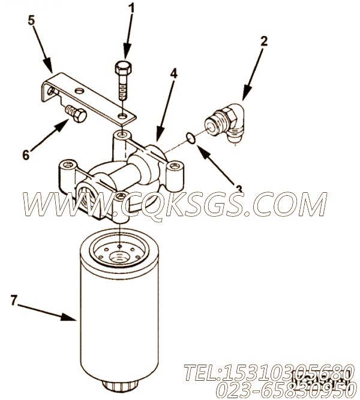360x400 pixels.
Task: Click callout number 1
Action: tap(131, 8)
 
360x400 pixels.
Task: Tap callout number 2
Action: tap(263, 41)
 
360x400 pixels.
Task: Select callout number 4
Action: tap(173, 73)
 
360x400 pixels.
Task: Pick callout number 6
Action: tap(26, 154)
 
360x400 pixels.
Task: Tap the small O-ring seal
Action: tap(190, 139)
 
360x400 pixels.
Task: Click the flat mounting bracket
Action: tap(90, 96)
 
